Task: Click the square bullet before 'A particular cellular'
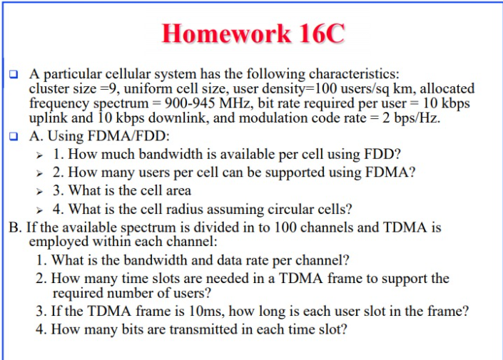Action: (x=14, y=73)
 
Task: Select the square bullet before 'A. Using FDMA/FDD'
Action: (x=14, y=135)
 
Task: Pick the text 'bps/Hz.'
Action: (x=417, y=118)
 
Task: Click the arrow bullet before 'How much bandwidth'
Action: (x=42, y=154)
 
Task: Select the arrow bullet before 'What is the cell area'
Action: (x=42, y=191)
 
